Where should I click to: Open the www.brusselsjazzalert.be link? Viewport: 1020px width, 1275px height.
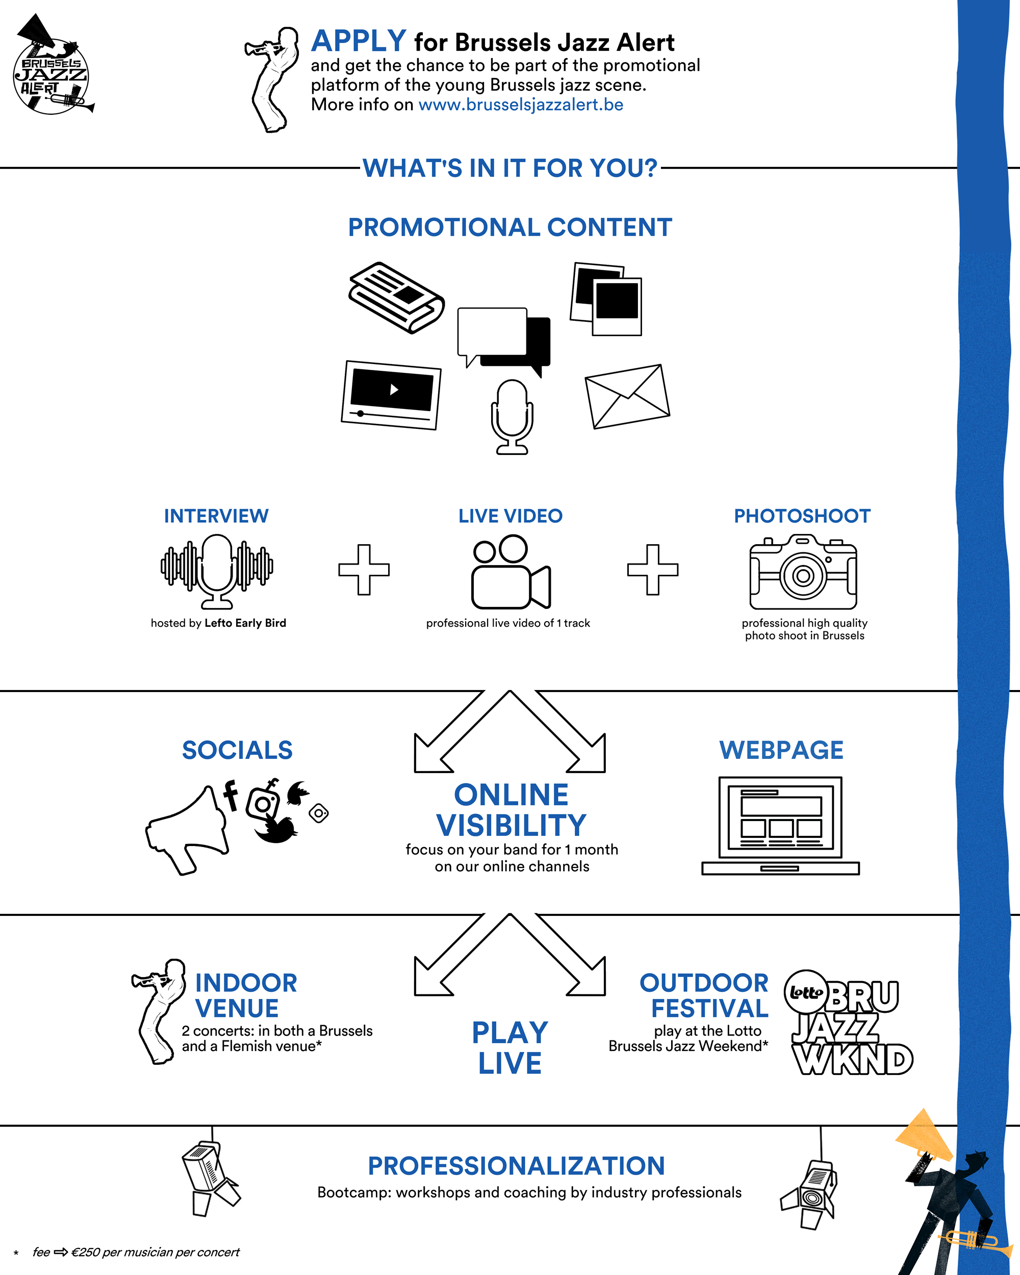[x=520, y=105]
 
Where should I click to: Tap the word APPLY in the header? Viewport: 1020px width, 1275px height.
[x=359, y=41]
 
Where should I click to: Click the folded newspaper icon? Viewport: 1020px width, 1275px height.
[x=396, y=297]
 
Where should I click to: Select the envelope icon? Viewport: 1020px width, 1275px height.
[x=627, y=396]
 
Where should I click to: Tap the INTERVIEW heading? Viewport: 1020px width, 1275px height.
[x=216, y=516]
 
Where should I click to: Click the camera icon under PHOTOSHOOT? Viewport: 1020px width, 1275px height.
[x=803, y=572]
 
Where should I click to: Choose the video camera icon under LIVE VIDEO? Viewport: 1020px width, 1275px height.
[x=511, y=572]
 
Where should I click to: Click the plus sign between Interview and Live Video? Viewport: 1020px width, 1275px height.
[x=364, y=570]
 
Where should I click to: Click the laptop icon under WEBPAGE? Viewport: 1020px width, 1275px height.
[x=780, y=826]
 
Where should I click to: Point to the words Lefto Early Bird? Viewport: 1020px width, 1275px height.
[x=245, y=623]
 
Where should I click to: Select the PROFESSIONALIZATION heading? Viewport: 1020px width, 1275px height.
[x=516, y=1165]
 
